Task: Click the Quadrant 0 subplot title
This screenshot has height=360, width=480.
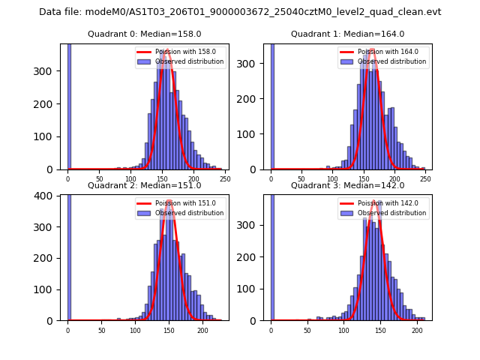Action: click(x=144, y=34)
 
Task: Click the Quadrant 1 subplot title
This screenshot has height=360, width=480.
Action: click(x=347, y=34)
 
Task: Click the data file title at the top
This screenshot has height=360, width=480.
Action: click(x=240, y=12)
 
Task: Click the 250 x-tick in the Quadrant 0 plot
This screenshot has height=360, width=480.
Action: click(x=224, y=178)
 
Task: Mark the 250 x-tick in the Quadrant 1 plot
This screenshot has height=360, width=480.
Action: click(x=426, y=178)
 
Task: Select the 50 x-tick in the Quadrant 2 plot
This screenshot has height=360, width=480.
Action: click(x=101, y=330)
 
